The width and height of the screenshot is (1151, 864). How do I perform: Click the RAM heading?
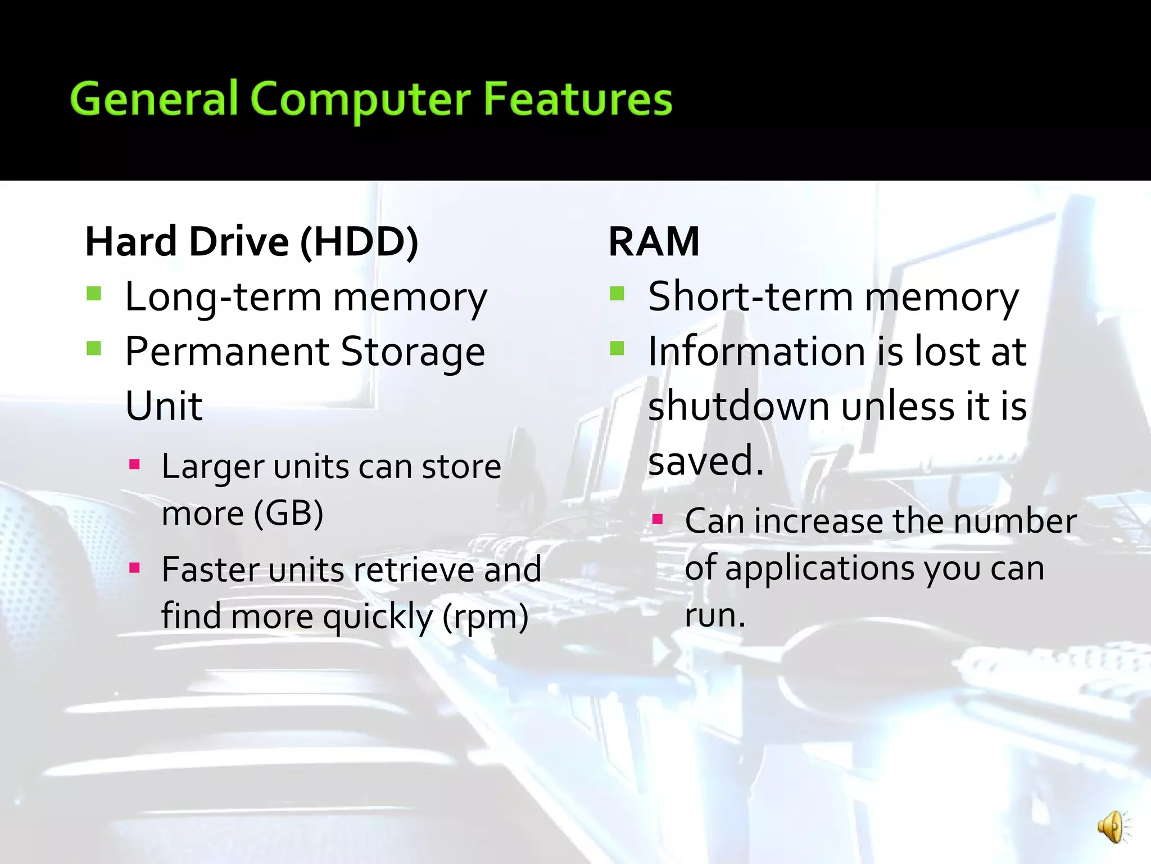coord(654,242)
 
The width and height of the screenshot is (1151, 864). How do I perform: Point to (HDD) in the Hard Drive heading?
coord(359,242)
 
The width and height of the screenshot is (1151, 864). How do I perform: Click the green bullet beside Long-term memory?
coord(94,294)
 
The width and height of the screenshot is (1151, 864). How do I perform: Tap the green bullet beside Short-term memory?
coord(617,294)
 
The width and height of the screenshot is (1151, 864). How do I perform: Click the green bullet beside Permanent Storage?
coord(94,349)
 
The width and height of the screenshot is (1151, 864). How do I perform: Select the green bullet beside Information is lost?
coord(617,349)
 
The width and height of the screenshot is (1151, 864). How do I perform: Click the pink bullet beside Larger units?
coord(134,465)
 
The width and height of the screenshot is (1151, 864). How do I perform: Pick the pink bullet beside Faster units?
coord(134,568)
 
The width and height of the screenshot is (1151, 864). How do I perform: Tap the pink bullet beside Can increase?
coord(658,519)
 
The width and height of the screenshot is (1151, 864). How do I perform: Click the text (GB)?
coord(288,513)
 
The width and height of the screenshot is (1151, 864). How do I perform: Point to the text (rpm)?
coord(486,616)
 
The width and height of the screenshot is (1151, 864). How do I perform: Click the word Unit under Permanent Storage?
coord(164,406)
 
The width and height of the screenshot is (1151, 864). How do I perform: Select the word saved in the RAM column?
coord(700,460)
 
